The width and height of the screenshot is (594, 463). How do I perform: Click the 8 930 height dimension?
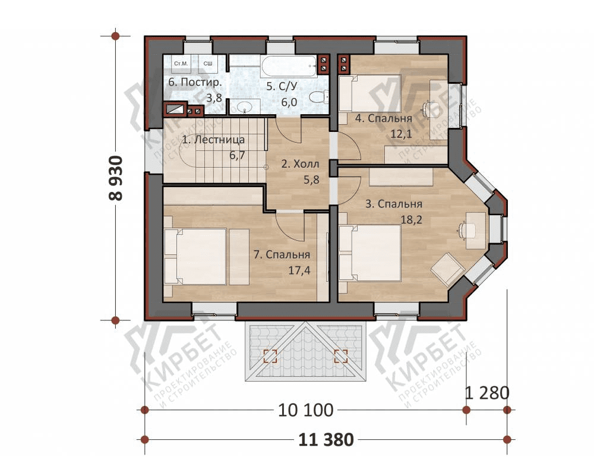pyautogui.click(x=116, y=178)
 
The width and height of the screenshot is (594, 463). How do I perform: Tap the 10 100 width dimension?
pyautogui.click(x=306, y=410)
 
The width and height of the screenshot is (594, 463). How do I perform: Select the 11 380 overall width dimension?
pyautogui.click(x=326, y=440)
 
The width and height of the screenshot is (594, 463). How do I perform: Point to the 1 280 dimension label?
pyautogui.click(x=487, y=393)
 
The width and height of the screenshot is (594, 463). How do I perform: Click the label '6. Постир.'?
pyautogui.click(x=195, y=82)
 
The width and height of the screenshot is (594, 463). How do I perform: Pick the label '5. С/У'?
pyautogui.click(x=282, y=86)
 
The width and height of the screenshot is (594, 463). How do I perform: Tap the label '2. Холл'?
pyautogui.click(x=300, y=164)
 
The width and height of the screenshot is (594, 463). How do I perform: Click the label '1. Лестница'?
pyautogui.click(x=213, y=140)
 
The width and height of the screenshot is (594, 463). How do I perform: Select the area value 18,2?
pyautogui.click(x=411, y=219)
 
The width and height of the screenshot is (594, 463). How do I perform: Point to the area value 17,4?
pyautogui.click(x=299, y=270)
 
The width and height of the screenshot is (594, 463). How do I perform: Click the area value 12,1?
pyautogui.click(x=401, y=134)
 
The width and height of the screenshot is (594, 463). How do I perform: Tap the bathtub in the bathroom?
pyautogui.click(x=289, y=67)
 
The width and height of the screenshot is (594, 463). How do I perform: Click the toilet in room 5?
pyautogui.click(x=319, y=97)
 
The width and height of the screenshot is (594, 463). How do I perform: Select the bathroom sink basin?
pyautogui.click(x=245, y=106)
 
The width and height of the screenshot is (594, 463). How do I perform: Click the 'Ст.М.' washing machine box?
pyautogui.click(x=181, y=64)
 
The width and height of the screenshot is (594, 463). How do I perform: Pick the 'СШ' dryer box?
pyautogui.click(x=208, y=64)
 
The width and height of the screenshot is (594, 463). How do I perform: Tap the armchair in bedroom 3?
pyautogui.click(x=448, y=269)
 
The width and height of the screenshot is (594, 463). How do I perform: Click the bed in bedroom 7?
pyautogui.click(x=201, y=256)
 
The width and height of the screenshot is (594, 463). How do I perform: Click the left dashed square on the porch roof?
pyautogui.click(x=270, y=356)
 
